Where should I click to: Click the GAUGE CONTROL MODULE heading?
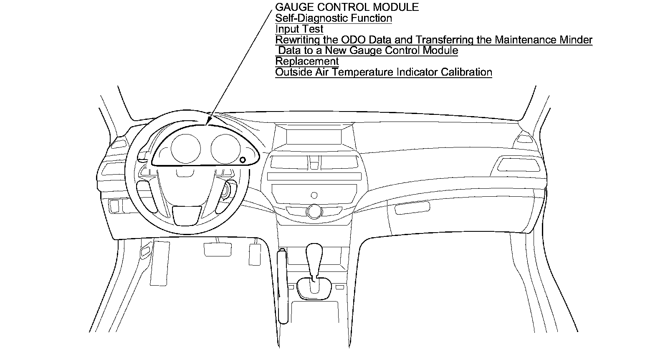(347, 7)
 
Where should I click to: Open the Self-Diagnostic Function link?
(334, 18)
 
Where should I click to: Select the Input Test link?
(299, 29)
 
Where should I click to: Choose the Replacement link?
(307, 61)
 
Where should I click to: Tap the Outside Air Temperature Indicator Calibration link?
(384, 72)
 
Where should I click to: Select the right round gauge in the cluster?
(225, 149)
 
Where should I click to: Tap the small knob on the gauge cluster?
(243, 160)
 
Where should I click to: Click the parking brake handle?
(283, 284)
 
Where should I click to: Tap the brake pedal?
(217, 249)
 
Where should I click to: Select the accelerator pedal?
(255, 254)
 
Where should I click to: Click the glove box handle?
(412, 207)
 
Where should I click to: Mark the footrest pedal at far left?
(160, 262)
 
